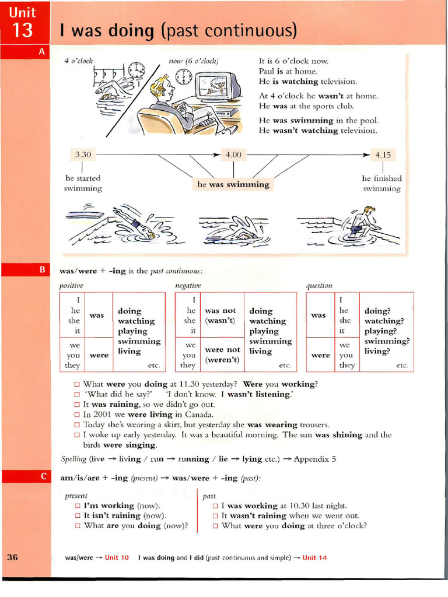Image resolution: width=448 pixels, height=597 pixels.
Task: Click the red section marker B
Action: coord(41,269)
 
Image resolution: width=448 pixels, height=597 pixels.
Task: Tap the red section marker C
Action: coord(43,476)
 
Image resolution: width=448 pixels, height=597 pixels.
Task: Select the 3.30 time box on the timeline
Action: coord(83,154)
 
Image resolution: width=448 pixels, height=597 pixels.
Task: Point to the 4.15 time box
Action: coord(383,155)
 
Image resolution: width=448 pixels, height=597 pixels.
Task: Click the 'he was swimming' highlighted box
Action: coord(233,184)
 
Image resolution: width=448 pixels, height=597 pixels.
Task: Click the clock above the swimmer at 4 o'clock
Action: coord(136,70)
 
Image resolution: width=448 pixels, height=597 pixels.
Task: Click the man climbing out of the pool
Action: coord(363,222)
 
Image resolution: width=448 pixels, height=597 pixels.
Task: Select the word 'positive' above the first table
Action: coord(71,285)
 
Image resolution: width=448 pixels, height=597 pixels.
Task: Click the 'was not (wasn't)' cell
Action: coord(220,315)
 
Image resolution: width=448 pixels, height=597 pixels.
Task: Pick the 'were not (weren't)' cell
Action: coord(222,354)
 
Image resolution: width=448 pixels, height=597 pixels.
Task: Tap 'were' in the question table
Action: coord(320,354)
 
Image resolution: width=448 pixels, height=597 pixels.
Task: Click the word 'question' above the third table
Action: coord(319,285)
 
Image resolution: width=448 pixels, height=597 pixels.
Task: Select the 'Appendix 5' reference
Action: coord(315,459)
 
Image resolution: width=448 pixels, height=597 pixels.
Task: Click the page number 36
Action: coord(13,557)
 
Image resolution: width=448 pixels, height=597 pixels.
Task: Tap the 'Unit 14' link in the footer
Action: coord(314,557)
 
